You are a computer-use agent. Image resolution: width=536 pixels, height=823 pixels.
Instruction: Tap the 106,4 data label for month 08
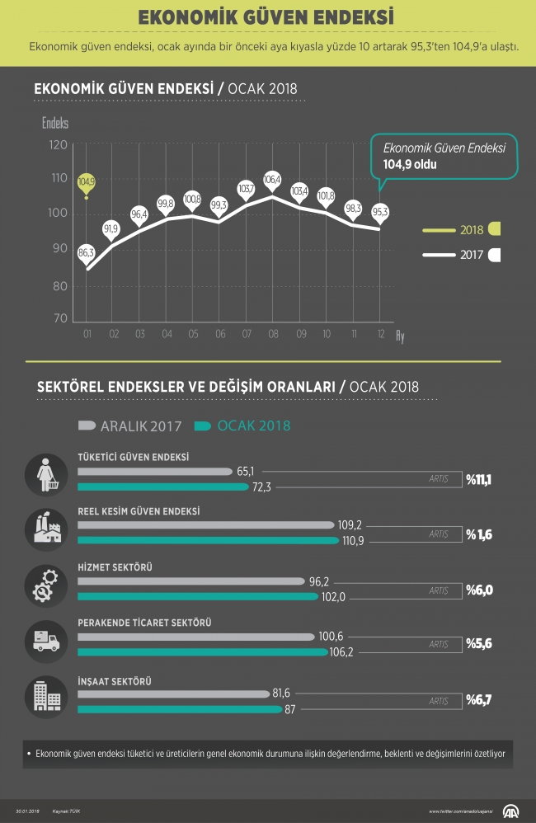272,179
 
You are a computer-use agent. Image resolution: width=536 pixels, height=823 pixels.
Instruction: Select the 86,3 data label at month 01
86,252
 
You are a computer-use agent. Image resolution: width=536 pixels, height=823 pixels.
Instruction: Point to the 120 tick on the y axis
58,144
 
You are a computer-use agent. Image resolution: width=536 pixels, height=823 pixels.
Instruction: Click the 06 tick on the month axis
219,335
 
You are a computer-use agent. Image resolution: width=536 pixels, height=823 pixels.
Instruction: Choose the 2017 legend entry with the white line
461,255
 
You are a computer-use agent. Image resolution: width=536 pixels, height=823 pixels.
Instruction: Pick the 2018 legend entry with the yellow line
461,229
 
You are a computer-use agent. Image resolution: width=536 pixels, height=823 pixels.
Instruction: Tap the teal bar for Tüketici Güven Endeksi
162,487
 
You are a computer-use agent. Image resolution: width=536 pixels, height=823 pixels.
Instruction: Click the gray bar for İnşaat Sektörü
173,694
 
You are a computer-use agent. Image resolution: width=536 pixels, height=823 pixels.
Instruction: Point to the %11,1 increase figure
479,478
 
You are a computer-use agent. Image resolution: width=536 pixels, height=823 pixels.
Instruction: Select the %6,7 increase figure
479,700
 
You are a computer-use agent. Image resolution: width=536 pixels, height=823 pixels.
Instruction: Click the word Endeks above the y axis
55,123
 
